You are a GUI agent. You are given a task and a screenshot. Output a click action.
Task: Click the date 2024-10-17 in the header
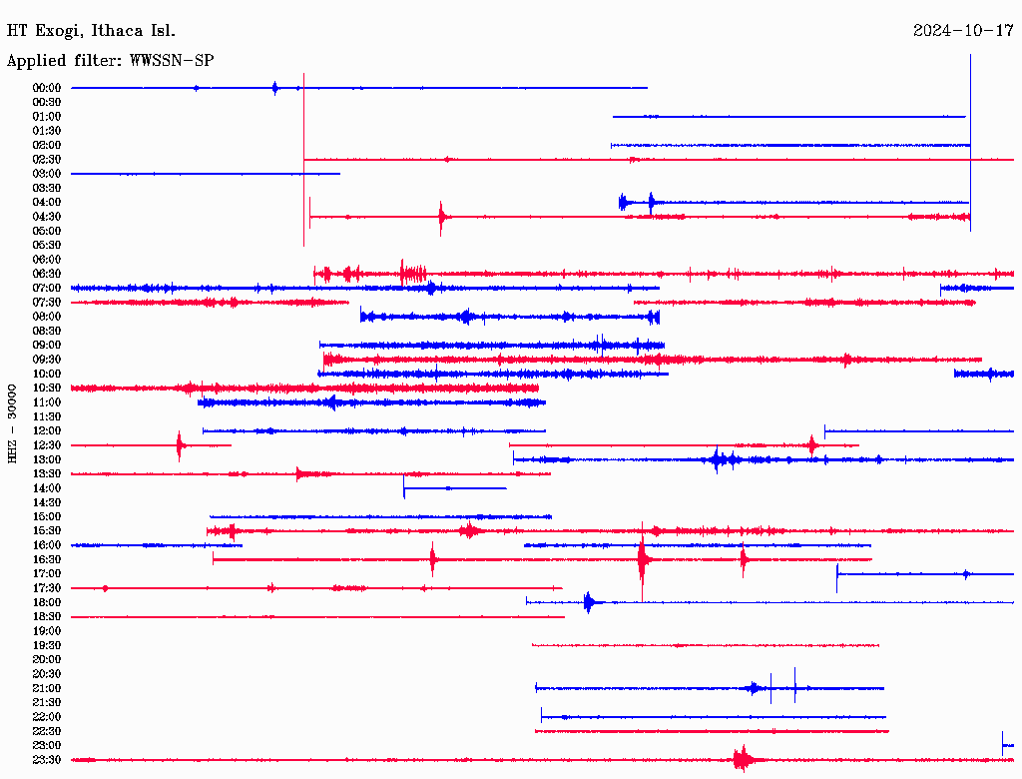(x=963, y=30)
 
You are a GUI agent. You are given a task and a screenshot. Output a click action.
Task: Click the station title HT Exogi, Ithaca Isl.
(x=91, y=30)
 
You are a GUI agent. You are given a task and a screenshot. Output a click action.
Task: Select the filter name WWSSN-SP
(x=171, y=60)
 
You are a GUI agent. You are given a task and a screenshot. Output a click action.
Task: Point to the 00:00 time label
(x=47, y=88)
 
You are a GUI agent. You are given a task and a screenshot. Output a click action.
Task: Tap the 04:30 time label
(x=47, y=217)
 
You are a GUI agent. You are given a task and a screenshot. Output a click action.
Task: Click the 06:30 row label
(x=47, y=274)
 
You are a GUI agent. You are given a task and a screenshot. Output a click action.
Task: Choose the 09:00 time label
(x=47, y=346)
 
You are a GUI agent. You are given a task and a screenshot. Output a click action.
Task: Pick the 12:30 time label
(x=47, y=445)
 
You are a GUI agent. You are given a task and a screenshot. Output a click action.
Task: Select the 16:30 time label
(x=47, y=560)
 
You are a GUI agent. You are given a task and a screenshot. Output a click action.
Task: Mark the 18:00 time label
(x=47, y=603)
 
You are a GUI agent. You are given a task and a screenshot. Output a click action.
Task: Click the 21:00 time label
(x=47, y=689)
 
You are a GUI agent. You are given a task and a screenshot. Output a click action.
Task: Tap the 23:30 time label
(x=47, y=760)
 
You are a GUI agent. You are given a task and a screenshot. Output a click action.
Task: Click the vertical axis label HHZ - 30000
(x=13, y=422)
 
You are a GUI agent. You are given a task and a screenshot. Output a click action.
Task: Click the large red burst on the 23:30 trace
(x=742, y=760)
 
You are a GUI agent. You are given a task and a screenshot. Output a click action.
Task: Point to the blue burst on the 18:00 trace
(x=589, y=602)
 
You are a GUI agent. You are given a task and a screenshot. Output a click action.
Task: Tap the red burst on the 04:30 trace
(x=441, y=217)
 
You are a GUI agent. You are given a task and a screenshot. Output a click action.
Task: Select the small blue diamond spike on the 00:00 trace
(x=275, y=88)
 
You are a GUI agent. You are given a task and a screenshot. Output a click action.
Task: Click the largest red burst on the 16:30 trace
(x=643, y=559)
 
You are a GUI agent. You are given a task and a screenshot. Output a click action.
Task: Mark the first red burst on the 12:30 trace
(x=180, y=445)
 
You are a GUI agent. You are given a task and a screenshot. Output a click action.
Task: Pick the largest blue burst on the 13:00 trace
(x=718, y=460)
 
